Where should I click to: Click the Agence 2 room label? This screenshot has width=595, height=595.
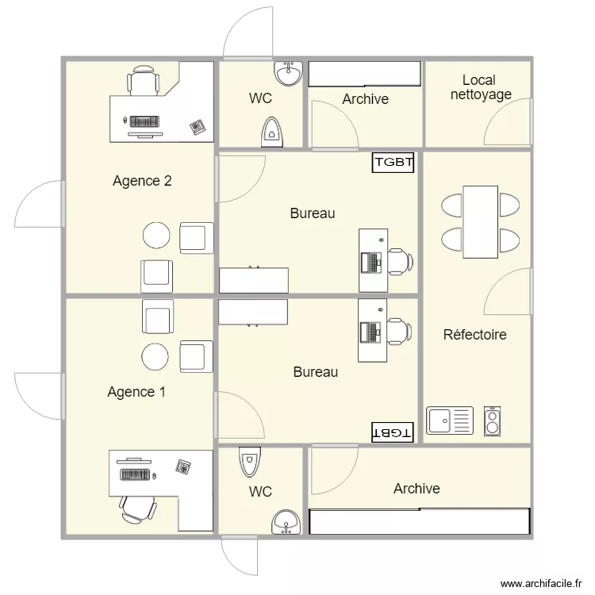point(142,181)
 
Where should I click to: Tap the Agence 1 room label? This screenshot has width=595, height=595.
point(136,392)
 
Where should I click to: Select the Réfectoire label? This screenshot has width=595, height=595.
point(474,335)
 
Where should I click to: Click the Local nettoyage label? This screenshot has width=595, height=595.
point(480,87)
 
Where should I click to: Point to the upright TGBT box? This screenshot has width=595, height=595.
point(394,163)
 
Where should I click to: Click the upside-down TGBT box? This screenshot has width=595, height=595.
point(392,432)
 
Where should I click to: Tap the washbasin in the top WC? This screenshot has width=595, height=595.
point(288,75)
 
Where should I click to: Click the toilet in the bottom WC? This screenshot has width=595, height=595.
point(249,460)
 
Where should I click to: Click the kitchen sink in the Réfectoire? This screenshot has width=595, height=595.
point(450,420)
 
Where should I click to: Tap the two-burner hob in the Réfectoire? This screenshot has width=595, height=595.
point(493,421)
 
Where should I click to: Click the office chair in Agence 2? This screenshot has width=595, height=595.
point(144,81)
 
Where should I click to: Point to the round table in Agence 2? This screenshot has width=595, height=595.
point(156,236)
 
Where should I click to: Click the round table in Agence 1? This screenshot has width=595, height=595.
point(155,358)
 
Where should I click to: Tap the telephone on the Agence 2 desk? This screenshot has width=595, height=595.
point(197,125)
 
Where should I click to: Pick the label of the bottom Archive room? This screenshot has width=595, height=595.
point(416,489)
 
